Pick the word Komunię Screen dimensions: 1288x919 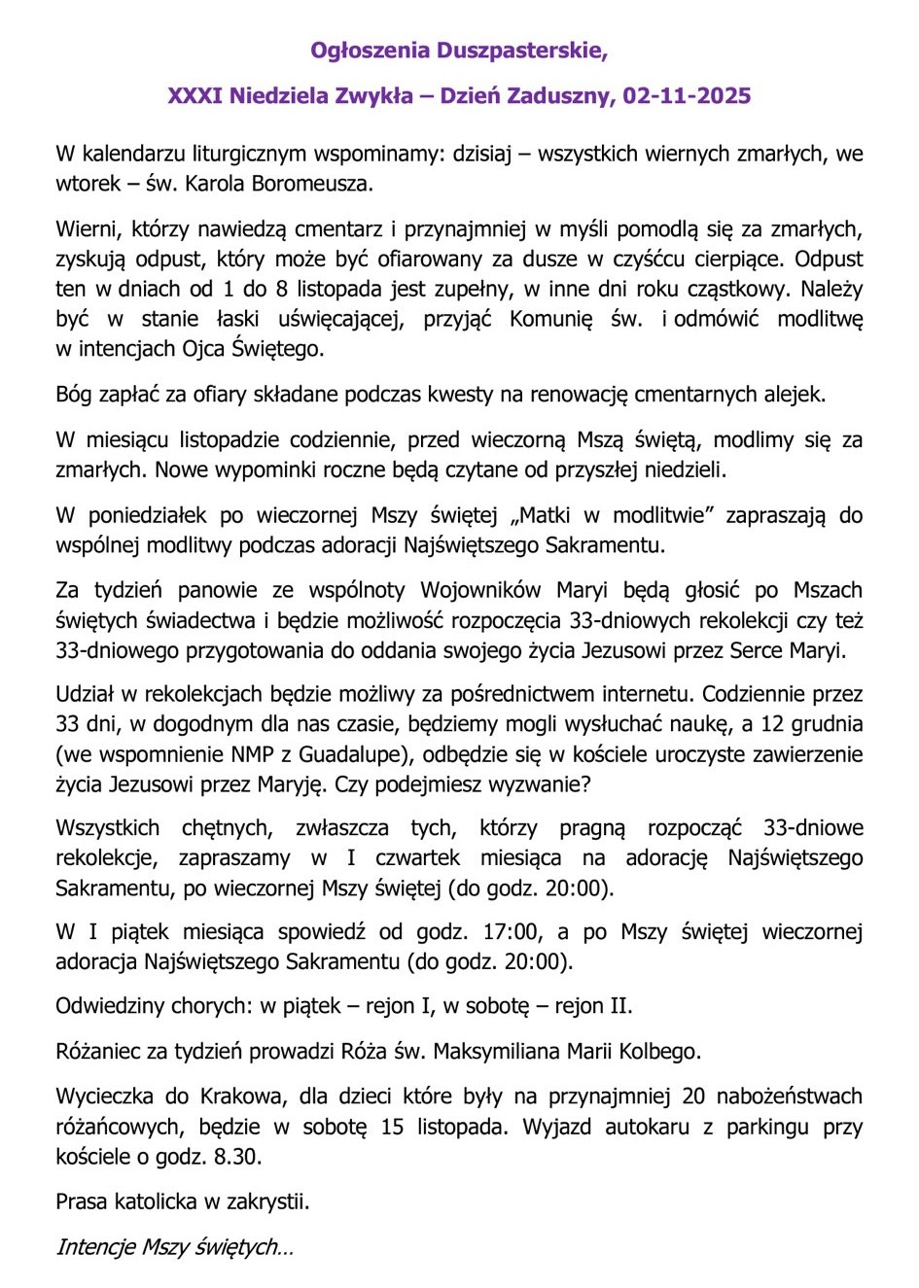(x=550, y=319)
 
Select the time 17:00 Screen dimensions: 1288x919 (x=511, y=932)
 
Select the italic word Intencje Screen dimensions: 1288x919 (x=96, y=1247)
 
